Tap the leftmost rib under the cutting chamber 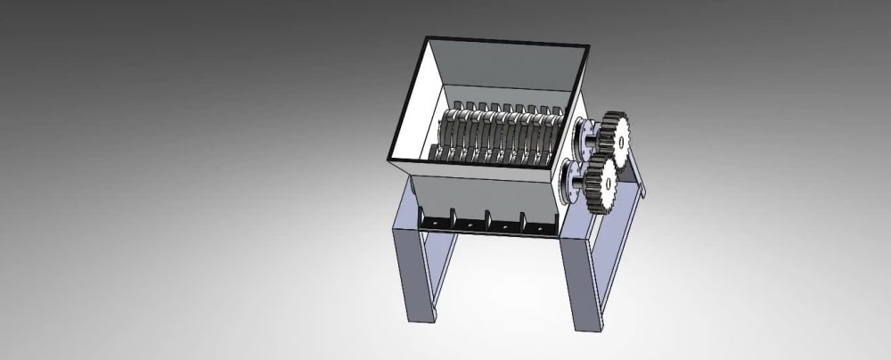point(421,213)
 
